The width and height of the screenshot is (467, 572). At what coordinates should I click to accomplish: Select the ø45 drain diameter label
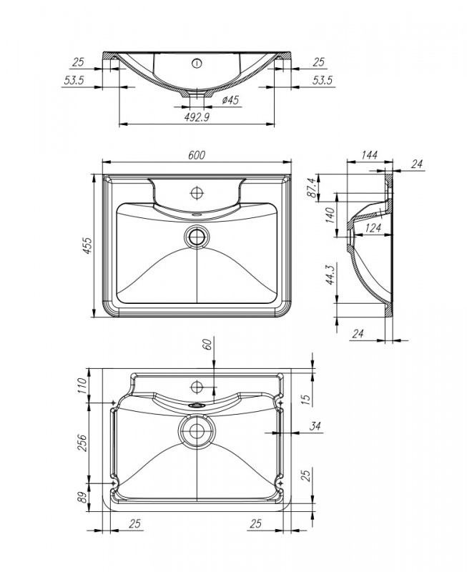coord(229,101)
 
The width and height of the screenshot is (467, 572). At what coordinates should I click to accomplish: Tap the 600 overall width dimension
coord(197,155)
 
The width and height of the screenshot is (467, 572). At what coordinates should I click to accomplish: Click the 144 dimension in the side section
coord(369,155)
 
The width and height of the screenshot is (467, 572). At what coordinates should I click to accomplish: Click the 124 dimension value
coord(372,229)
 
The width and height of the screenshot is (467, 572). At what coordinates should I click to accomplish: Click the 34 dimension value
coord(315,427)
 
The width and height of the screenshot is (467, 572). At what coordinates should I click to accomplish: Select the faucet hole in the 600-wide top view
coord(196,192)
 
